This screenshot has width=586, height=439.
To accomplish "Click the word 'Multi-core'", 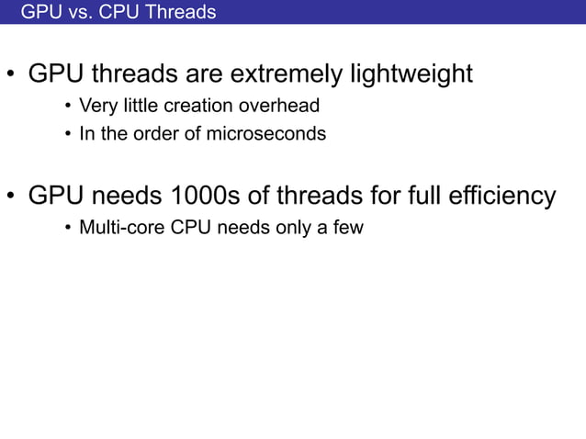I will [x=122, y=227].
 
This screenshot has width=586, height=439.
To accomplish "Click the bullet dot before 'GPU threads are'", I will [x=11, y=75].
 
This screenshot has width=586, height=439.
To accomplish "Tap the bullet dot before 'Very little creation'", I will [x=67, y=107].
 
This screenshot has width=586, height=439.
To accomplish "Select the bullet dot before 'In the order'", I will [x=67, y=135].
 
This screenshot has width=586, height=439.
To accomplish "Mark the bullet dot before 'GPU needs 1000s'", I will [x=11, y=197].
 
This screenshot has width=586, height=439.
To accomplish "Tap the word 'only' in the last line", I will [x=292, y=227].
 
